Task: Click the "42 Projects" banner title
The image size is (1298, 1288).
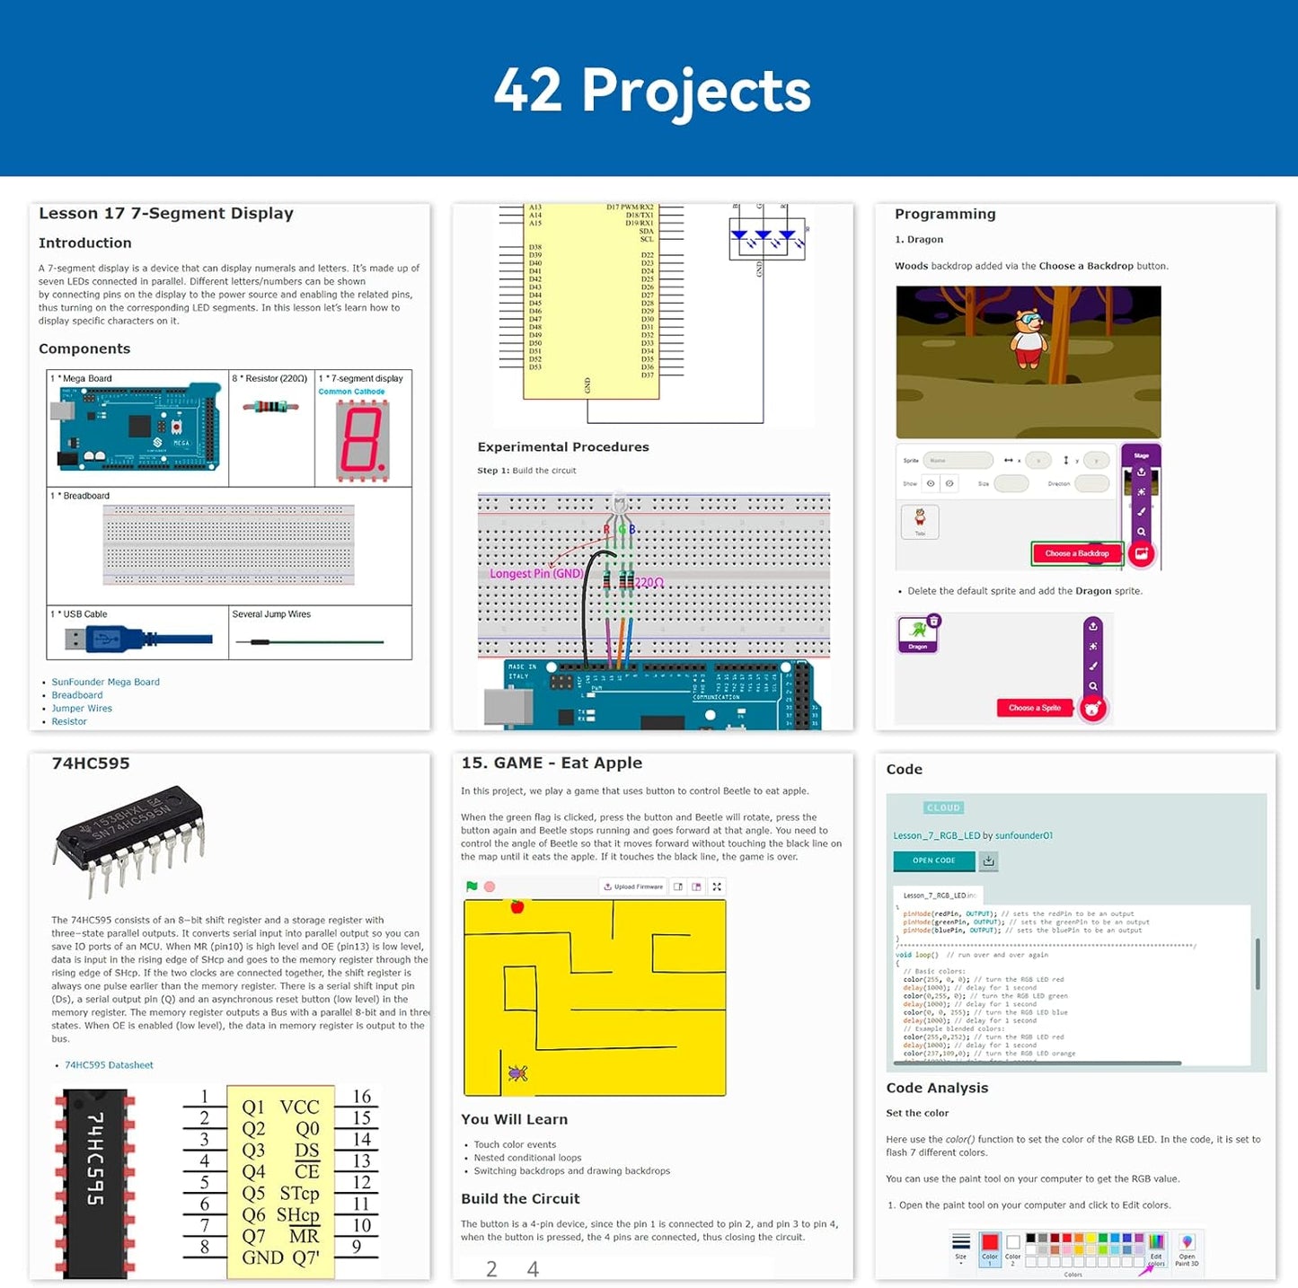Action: pos(652,91)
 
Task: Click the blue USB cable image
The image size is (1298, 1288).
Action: pos(138,640)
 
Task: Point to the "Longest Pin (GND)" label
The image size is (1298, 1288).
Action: pos(536,573)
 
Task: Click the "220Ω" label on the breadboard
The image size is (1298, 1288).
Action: pos(649,583)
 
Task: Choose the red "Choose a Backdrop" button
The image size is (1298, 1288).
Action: pos(1077,553)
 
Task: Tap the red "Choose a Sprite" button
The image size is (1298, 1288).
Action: pos(1035,708)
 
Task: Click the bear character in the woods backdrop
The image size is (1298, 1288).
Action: pos(1029,339)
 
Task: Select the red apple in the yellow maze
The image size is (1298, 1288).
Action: pos(517,906)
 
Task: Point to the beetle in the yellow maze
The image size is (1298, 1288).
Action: pos(517,1072)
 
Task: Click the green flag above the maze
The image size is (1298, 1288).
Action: pos(472,887)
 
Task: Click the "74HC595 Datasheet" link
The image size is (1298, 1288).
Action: pos(109,1065)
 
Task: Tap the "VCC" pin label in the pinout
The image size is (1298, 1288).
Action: pos(299,1107)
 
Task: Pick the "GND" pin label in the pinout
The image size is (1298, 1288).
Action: pos(262,1257)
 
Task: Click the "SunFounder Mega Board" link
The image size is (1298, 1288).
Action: pos(105,682)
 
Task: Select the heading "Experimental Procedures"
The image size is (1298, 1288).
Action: pos(563,447)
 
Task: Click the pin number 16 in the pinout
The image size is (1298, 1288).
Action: pos(362,1096)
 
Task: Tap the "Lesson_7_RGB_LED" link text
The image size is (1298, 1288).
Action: pos(936,835)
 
